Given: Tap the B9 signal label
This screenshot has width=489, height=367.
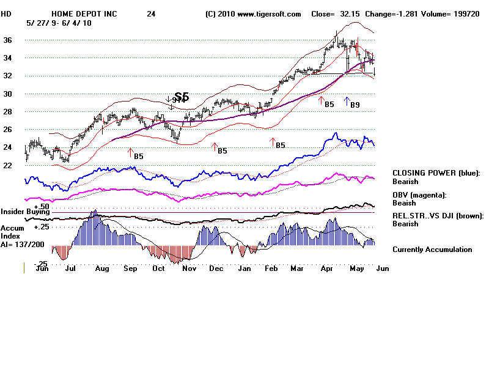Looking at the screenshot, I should pyautogui.click(x=355, y=105).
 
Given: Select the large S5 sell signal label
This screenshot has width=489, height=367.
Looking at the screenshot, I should pyautogui.click(x=182, y=97).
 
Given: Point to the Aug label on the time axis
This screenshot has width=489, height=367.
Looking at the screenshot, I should pyautogui.click(x=101, y=268).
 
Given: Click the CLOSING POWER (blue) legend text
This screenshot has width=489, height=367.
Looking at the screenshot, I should pyautogui.click(x=436, y=173).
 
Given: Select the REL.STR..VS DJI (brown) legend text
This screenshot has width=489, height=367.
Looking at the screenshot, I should pyautogui.click(x=438, y=215).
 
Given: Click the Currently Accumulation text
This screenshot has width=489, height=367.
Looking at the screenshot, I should pyautogui.click(x=432, y=250).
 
